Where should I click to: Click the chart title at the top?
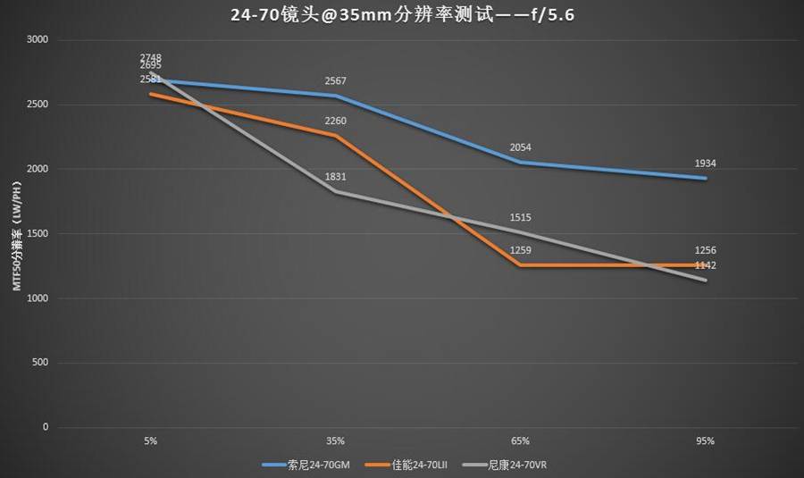click(402, 14)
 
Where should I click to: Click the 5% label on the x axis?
click(151, 440)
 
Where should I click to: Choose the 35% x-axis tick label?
click(336, 440)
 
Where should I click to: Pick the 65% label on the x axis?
click(521, 440)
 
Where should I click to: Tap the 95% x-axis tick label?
click(706, 440)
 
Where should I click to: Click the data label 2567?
click(336, 81)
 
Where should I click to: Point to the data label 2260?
click(336, 121)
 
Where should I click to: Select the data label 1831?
click(336, 177)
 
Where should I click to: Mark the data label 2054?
click(521, 147)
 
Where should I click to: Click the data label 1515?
click(521, 217)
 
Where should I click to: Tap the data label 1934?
click(706, 164)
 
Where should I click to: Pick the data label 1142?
click(706, 265)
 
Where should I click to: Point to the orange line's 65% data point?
click(521, 264)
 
